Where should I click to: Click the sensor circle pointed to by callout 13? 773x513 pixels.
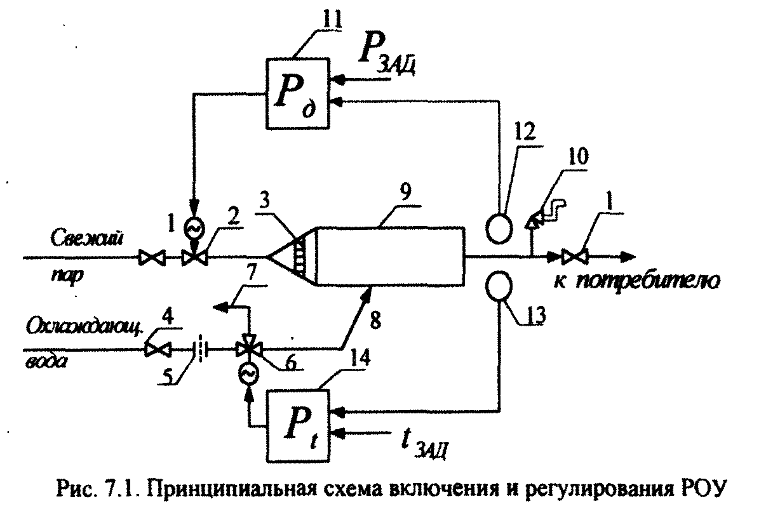tap(500, 287)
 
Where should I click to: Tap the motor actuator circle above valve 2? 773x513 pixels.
tap(191, 227)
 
